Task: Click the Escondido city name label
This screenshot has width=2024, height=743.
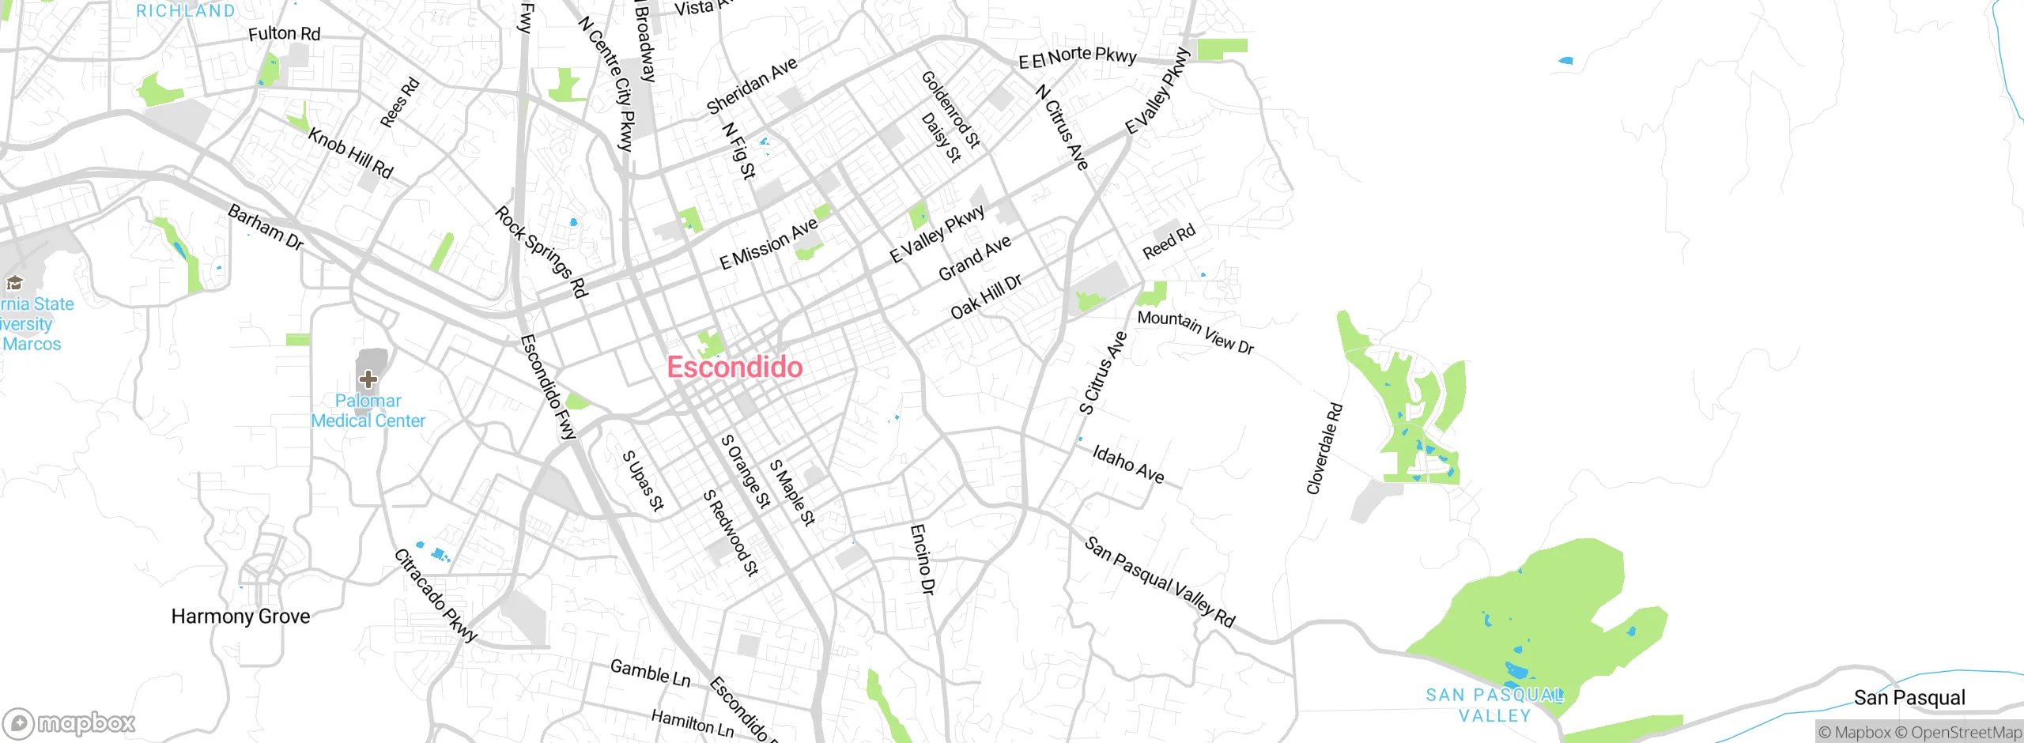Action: tap(734, 367)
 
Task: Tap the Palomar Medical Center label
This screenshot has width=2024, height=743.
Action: tap(368, 411)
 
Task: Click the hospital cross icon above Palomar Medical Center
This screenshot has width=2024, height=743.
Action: tap(368, 379)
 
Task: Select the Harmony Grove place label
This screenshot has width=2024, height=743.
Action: tap(240, 617)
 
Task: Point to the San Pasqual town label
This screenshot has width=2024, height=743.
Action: tap(1909, 697)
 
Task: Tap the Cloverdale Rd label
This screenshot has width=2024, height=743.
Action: tap(1324, 449)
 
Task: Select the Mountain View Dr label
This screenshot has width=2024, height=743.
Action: tap(1195, 332)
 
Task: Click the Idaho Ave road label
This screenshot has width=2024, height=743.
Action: tap(1128, 464)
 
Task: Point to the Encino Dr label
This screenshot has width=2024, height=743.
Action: tap(923, 559)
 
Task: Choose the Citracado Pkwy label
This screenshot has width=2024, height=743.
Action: tap(436, 595)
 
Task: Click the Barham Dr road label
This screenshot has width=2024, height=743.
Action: tap(266, 227)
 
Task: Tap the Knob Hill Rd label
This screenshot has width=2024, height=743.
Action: tap(350, 153)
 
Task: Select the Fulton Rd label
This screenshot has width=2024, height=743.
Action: tap(284, 34)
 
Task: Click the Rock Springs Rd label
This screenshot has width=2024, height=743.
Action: tap(542, 251)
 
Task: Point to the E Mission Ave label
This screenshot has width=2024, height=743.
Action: tap(768, 244)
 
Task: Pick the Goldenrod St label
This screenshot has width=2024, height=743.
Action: tap(951, 109)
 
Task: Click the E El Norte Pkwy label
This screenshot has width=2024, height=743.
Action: tap(1078, 57)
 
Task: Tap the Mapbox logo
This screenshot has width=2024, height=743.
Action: tap(70, 723)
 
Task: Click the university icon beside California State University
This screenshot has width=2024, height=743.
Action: tap(14, 282)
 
